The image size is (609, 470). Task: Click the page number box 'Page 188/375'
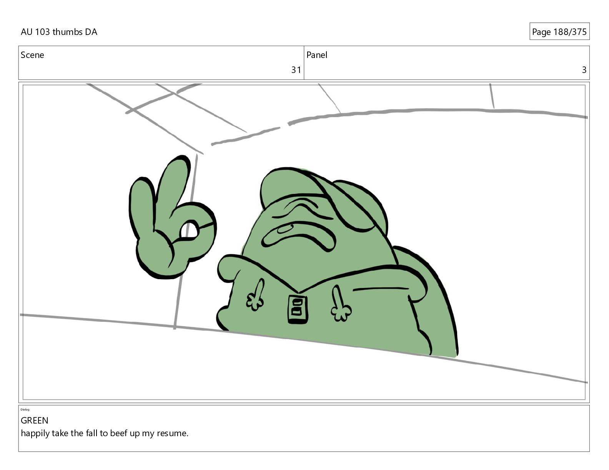[x=559, y=31]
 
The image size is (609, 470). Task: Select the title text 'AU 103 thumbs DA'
[x=59, y=32]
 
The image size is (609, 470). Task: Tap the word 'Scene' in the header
[x=32, y=55]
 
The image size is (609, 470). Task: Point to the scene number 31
[x=296, y=70]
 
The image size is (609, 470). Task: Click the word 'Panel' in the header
[x=317, y=55]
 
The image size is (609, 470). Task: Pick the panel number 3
[x=584, y=70]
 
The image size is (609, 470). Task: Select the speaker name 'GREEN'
[x=35, y=420]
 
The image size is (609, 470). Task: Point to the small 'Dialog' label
[x=25, y=410]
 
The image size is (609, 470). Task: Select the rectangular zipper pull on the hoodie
[x=298, y=309]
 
